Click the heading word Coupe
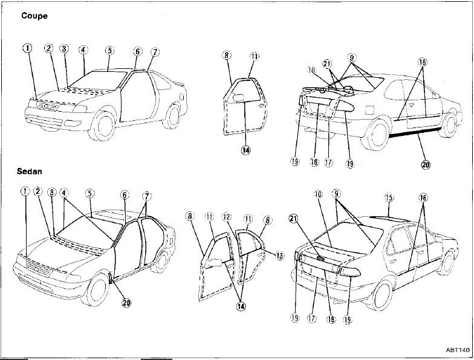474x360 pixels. (x=34, y=16)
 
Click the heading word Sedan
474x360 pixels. (x=30, y=172)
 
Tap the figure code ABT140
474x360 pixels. (x=458, y=350)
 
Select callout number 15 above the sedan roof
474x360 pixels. (x=389, y=198)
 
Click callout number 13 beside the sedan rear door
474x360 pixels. (x=279, y=255)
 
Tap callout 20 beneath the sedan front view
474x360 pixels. (x=126, y=303)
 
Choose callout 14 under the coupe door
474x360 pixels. (x=246, y=150)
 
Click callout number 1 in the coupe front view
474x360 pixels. (x=27, y=49)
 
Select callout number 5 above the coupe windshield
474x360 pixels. (x=109, y=50)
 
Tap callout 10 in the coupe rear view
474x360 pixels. (x=311, y=70)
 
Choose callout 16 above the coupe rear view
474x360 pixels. (x=423, y=62)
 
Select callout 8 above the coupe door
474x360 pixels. (x=227, y=56)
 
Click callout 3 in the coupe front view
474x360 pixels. (x=64, y=48)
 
